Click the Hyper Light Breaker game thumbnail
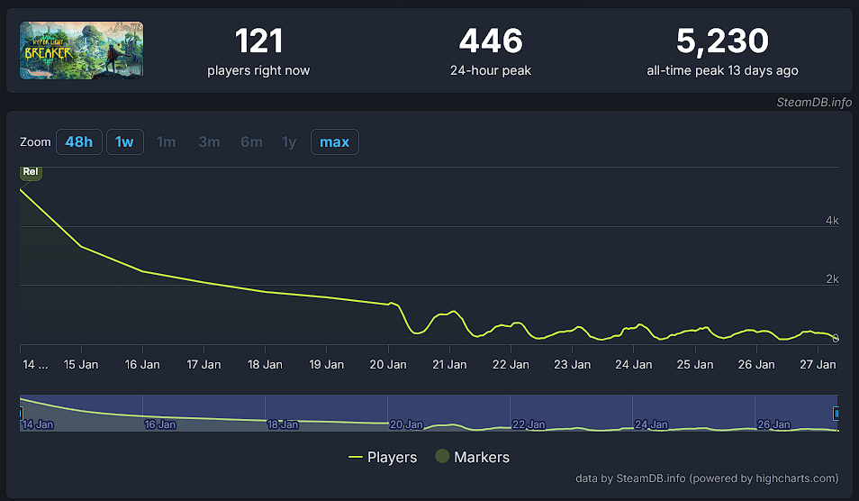point(82,50)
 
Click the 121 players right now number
point(258,41)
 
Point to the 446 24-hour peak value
point(491,41)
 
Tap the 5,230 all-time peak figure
point(722,41)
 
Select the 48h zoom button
point(78,142)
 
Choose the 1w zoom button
point(124,142)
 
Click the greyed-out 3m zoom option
point(209,142)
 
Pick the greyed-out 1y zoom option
point(288,142)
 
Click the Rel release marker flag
point(31,171)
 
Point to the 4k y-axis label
point(833,221)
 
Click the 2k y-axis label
point(833,279)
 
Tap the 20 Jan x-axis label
point(387,365)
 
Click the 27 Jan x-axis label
point(818,365)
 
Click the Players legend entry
point(383,458)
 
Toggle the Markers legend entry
point(473,458)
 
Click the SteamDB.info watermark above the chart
point(814,102)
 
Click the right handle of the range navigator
point(836,414)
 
